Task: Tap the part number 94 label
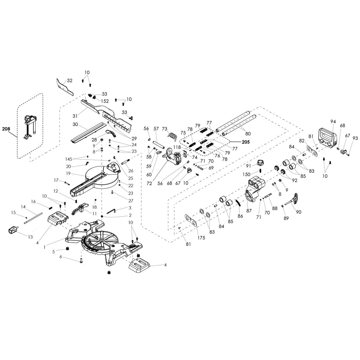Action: coord(333,122)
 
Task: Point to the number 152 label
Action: coord(105,101)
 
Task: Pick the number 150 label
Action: coord(246,174)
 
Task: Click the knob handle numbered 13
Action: coord(13,230)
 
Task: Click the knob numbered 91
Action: coord(260,163)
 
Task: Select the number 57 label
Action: coord(156,129)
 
